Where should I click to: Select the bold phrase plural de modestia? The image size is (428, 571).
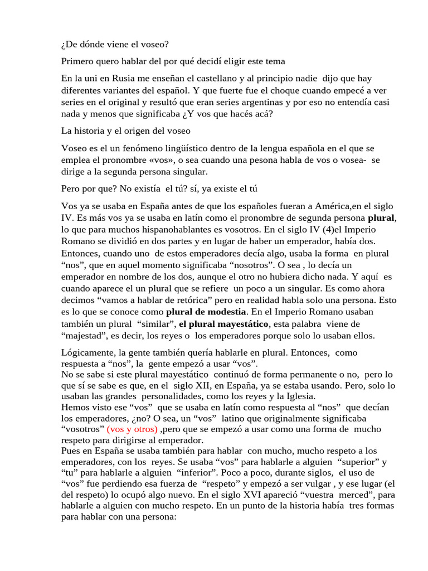tap(206, 311)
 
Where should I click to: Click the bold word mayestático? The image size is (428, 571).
tap(241, 323)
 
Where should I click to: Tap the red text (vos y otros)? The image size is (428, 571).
tap(133, 429)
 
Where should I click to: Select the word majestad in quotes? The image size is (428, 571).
tap(81, 335)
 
